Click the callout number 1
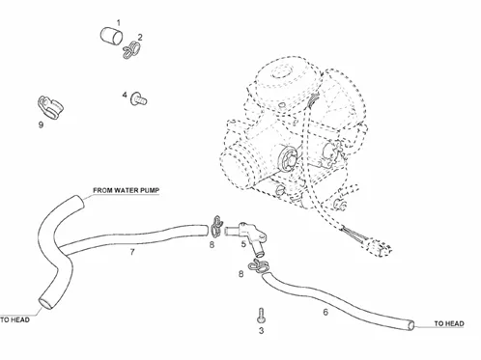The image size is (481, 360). click(119, 23)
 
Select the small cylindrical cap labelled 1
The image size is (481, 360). click(111, 36)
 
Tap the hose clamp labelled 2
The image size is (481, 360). click(131, 50)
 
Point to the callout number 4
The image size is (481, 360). click(125, 95)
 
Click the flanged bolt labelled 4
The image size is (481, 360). click(138, 98)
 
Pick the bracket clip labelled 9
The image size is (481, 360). click(50, 107)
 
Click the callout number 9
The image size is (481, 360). click(41, 125)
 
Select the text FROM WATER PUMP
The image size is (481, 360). click(127, 190)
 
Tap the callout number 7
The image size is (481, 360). click(132, 252)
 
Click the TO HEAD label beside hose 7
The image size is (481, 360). click(14, 319)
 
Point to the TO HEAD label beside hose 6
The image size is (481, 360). click(449, 323)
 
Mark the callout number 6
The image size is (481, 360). click(325, 312)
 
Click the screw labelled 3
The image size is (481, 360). click(261, 316)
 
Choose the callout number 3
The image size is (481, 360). click(261, 330)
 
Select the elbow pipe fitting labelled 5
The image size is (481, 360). click(246, 236)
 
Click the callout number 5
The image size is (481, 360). click(243, 244)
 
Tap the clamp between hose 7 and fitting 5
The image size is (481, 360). click(216, 226)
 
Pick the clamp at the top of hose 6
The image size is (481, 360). click(259, 265)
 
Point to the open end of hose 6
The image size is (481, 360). click(411, 325)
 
